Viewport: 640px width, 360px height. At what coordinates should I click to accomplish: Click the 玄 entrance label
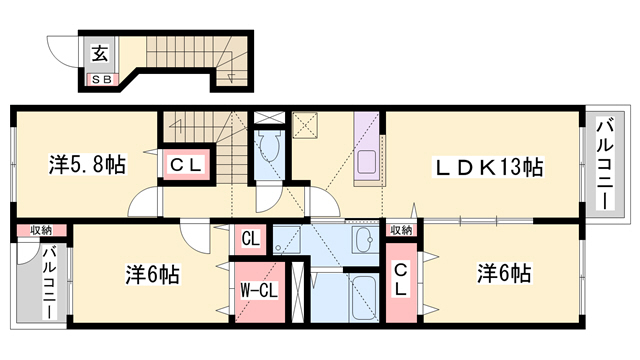pyautogui.click(x=102, y=54)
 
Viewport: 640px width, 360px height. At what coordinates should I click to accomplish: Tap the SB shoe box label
pyautogui.click(x=102, y=78)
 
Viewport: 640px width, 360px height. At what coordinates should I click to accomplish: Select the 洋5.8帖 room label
pyautogui.click(x=88, y=164)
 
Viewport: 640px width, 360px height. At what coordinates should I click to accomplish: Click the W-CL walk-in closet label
pyautogui.click(x=257, y=292)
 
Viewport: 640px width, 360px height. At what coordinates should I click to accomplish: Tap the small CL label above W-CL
pyautogui.click(x=250, y=240)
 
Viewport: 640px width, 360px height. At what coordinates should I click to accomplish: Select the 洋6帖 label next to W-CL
pyautogui.click(x=152, y=272)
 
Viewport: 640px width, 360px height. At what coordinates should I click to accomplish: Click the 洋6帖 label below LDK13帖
pyautogui.click(x=503, y=272)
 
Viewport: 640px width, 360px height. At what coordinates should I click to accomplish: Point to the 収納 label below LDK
pyautogui.click(x=401, y=230)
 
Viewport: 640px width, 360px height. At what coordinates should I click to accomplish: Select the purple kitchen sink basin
pyautogui.click(x=366, y=161)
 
